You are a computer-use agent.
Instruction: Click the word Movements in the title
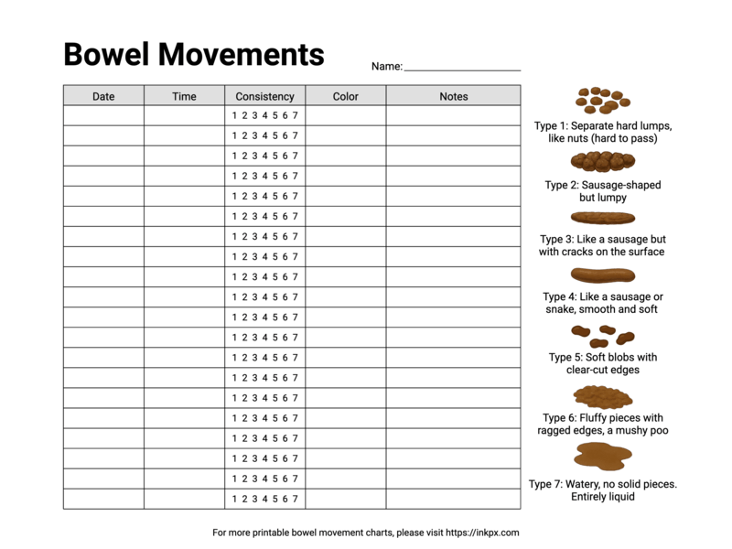click(242, 55)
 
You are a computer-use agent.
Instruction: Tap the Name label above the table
click(386, 67)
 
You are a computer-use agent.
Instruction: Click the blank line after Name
click(462, 68)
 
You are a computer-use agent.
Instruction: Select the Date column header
click(103, 96)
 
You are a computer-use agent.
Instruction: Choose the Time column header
click(184, 96)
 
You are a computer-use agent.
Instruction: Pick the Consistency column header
click(264, 96)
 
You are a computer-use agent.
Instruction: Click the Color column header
click(345, 96)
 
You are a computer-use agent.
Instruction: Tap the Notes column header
click(453, 96)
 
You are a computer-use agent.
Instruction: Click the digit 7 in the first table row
click(295, 115)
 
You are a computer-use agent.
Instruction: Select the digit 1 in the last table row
click(234, 499)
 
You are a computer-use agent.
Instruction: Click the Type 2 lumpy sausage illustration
click(603, 162)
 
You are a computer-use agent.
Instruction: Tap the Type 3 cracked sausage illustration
click(603, 218)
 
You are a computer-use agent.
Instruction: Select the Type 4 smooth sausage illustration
click(603, 274)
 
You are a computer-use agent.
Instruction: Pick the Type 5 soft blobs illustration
click(596, 335)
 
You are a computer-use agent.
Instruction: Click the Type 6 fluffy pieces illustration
click(603, 396)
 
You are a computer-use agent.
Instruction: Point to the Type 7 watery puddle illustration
click(603, 455)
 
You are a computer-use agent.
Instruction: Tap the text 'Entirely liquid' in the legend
click(603, 497)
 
